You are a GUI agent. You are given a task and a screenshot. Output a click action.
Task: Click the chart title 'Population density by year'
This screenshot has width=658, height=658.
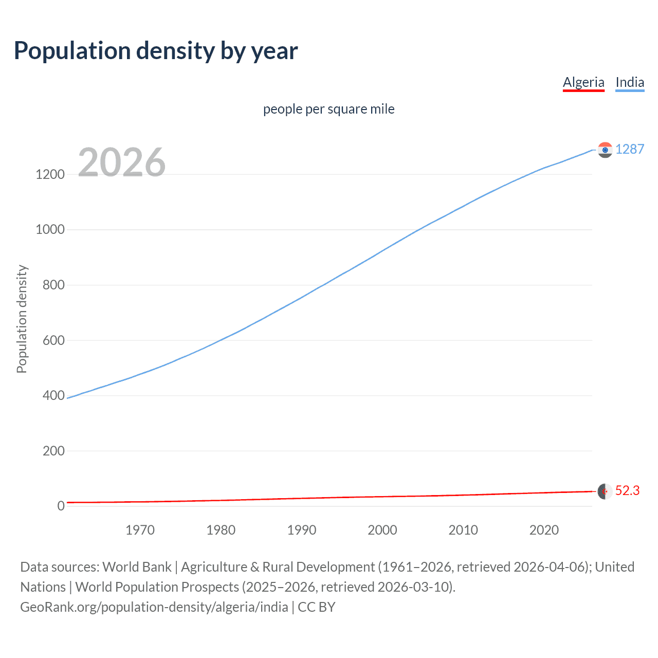(156, 51)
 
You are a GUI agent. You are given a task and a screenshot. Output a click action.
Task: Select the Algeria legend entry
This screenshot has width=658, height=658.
(583, 82)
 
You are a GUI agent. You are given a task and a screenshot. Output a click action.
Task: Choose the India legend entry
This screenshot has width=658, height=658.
(630, 82)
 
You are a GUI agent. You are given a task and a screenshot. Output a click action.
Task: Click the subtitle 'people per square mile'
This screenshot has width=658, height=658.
(328, 109)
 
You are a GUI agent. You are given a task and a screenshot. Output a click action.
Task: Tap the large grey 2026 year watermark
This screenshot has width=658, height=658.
(122, 162)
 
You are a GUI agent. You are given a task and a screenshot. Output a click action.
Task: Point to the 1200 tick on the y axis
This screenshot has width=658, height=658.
(50, 174)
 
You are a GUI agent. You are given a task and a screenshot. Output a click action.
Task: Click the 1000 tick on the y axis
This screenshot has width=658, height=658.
(50, 230)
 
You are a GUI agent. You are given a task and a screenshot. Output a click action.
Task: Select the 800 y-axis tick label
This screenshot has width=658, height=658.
(53, 285)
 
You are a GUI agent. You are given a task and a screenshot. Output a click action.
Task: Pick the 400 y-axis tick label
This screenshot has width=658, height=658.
(53, 395)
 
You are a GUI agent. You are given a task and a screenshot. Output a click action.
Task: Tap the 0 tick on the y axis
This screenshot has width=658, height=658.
(61, 506)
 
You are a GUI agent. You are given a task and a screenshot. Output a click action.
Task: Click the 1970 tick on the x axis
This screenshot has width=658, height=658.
(140, 530)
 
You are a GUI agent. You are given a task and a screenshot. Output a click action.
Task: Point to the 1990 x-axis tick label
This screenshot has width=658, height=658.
(302, 530)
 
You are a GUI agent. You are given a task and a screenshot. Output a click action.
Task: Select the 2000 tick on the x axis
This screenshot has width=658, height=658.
(382, 530)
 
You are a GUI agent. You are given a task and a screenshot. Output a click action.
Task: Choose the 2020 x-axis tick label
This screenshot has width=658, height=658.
(544, 530)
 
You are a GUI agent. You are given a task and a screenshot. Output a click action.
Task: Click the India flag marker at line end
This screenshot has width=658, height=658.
(605, 150)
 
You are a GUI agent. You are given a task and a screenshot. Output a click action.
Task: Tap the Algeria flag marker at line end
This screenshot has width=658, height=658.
(605, 491)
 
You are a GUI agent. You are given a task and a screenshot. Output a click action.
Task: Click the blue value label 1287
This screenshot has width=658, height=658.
(630, 149)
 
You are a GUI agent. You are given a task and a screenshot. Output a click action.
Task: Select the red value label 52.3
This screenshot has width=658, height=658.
(627, 490)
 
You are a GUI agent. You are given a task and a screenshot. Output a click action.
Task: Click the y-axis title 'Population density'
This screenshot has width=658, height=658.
(22, 319)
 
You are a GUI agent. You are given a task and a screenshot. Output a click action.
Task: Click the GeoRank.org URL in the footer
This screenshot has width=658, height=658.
(154, 607)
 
